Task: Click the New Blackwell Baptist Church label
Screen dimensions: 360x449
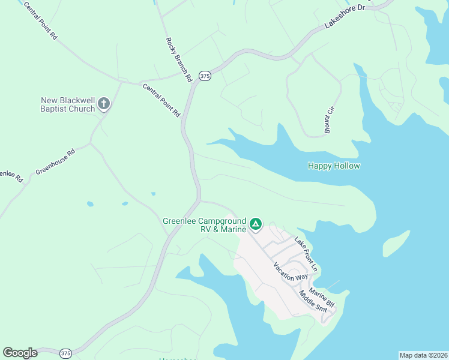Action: tap(67, 104)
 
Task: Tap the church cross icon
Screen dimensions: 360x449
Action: tap(104, 104)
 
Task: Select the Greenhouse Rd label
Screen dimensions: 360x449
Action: tap(55, 162)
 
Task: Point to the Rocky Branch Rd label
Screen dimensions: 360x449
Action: tap(178, 59)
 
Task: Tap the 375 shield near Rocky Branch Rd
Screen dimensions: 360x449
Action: tap(205, 76)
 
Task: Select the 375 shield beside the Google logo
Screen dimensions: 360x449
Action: tap(65, 353)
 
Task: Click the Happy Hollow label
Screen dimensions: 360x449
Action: tap(334, 166)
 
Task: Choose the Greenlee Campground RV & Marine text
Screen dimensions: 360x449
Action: tap(204, 225)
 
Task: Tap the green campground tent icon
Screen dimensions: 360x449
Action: tap(256, 224)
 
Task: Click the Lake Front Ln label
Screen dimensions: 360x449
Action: tap(305, 252)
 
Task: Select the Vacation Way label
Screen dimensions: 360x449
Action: tap(290, 272)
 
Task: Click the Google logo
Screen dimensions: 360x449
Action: tap(20, 353)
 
